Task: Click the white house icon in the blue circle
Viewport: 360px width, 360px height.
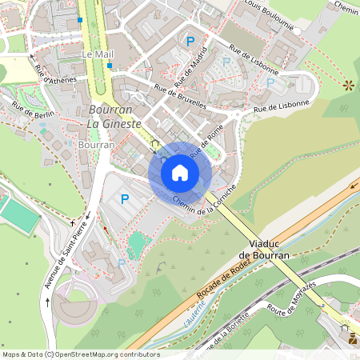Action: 180,172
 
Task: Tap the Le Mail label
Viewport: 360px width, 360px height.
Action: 98,54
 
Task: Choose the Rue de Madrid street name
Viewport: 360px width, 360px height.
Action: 190,70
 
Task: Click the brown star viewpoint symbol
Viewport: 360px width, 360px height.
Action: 348,84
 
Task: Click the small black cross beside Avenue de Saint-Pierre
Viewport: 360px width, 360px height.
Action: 73,222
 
